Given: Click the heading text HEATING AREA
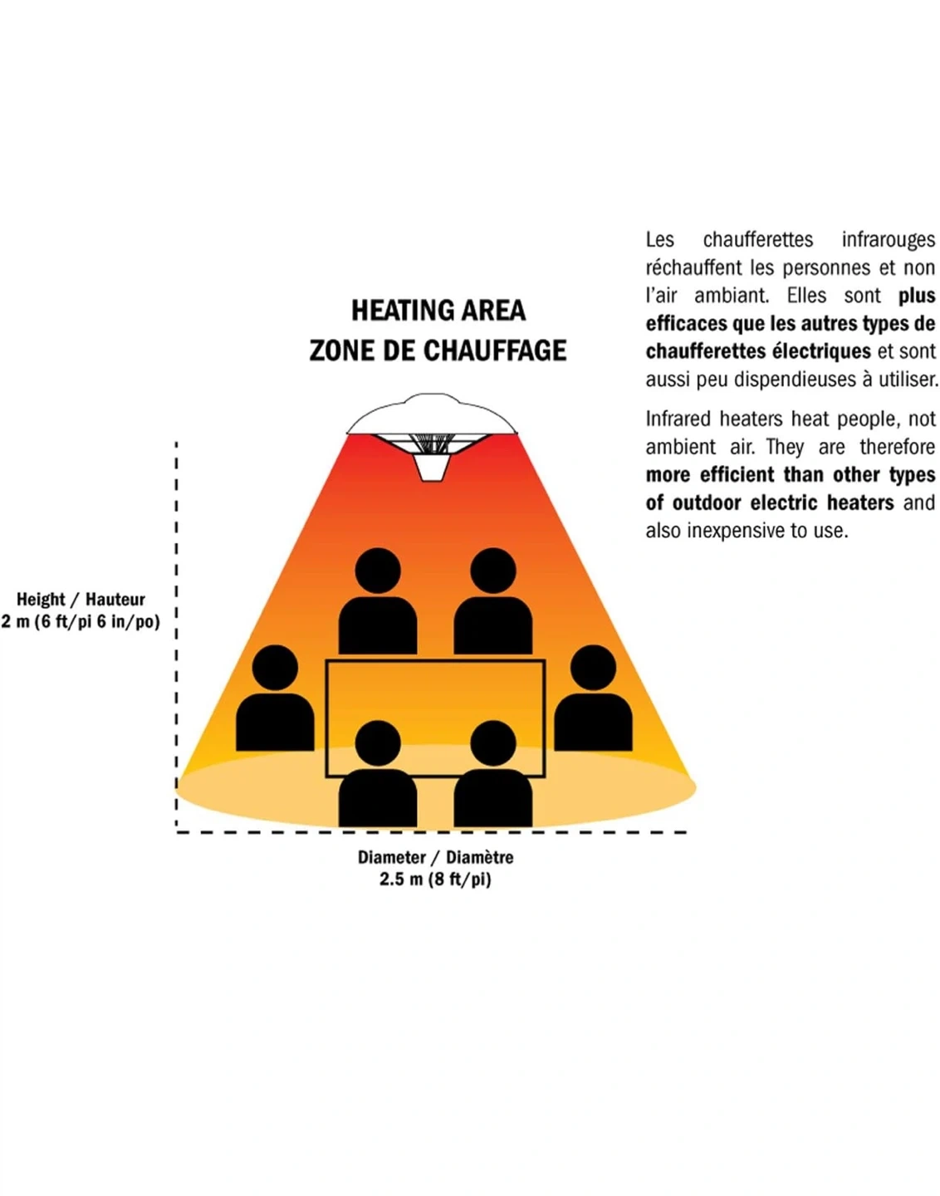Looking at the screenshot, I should click(438, 311).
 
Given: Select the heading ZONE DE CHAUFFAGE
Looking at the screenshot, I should click(438, 350).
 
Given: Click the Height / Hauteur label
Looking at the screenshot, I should click(81, 599).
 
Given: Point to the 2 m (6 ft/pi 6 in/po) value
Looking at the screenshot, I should click(81, 621).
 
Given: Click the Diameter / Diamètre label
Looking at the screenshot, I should click(435, 857).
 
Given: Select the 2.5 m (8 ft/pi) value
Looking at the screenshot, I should click(435, 879).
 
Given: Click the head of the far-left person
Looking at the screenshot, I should click(275, 667).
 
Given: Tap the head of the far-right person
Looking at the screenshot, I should click(593, 667).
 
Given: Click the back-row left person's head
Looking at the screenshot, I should click(378, 571).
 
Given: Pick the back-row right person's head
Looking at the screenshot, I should click(492, 571).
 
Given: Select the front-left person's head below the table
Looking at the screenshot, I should click(378, 743).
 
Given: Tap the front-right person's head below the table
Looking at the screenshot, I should click(492, 743).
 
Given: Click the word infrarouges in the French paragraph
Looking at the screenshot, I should click(888, 240).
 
